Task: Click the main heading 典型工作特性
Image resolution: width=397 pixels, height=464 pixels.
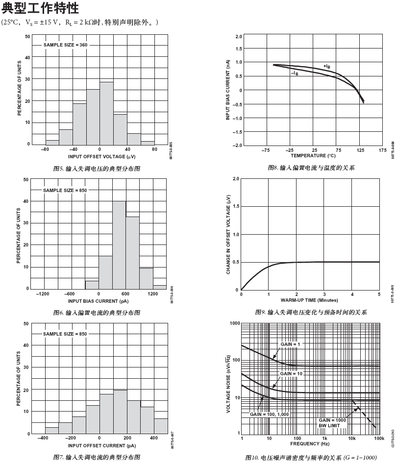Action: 41,9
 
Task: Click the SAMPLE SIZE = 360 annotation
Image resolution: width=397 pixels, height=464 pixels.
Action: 66,45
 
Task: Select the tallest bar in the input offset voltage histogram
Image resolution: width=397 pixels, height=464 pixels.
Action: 106,113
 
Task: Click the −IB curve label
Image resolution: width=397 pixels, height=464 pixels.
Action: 295,73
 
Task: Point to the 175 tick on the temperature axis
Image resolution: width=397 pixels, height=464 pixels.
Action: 383,150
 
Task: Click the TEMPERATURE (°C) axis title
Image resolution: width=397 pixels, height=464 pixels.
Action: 313,156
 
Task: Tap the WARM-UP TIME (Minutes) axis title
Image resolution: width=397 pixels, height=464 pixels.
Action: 309,299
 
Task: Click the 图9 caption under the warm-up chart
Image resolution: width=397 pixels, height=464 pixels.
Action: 310,312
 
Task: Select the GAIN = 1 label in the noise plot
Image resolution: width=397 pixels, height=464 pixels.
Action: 290,344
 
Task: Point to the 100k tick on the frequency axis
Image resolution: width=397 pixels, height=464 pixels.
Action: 379,439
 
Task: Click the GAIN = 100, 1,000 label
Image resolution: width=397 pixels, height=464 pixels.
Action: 270,414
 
